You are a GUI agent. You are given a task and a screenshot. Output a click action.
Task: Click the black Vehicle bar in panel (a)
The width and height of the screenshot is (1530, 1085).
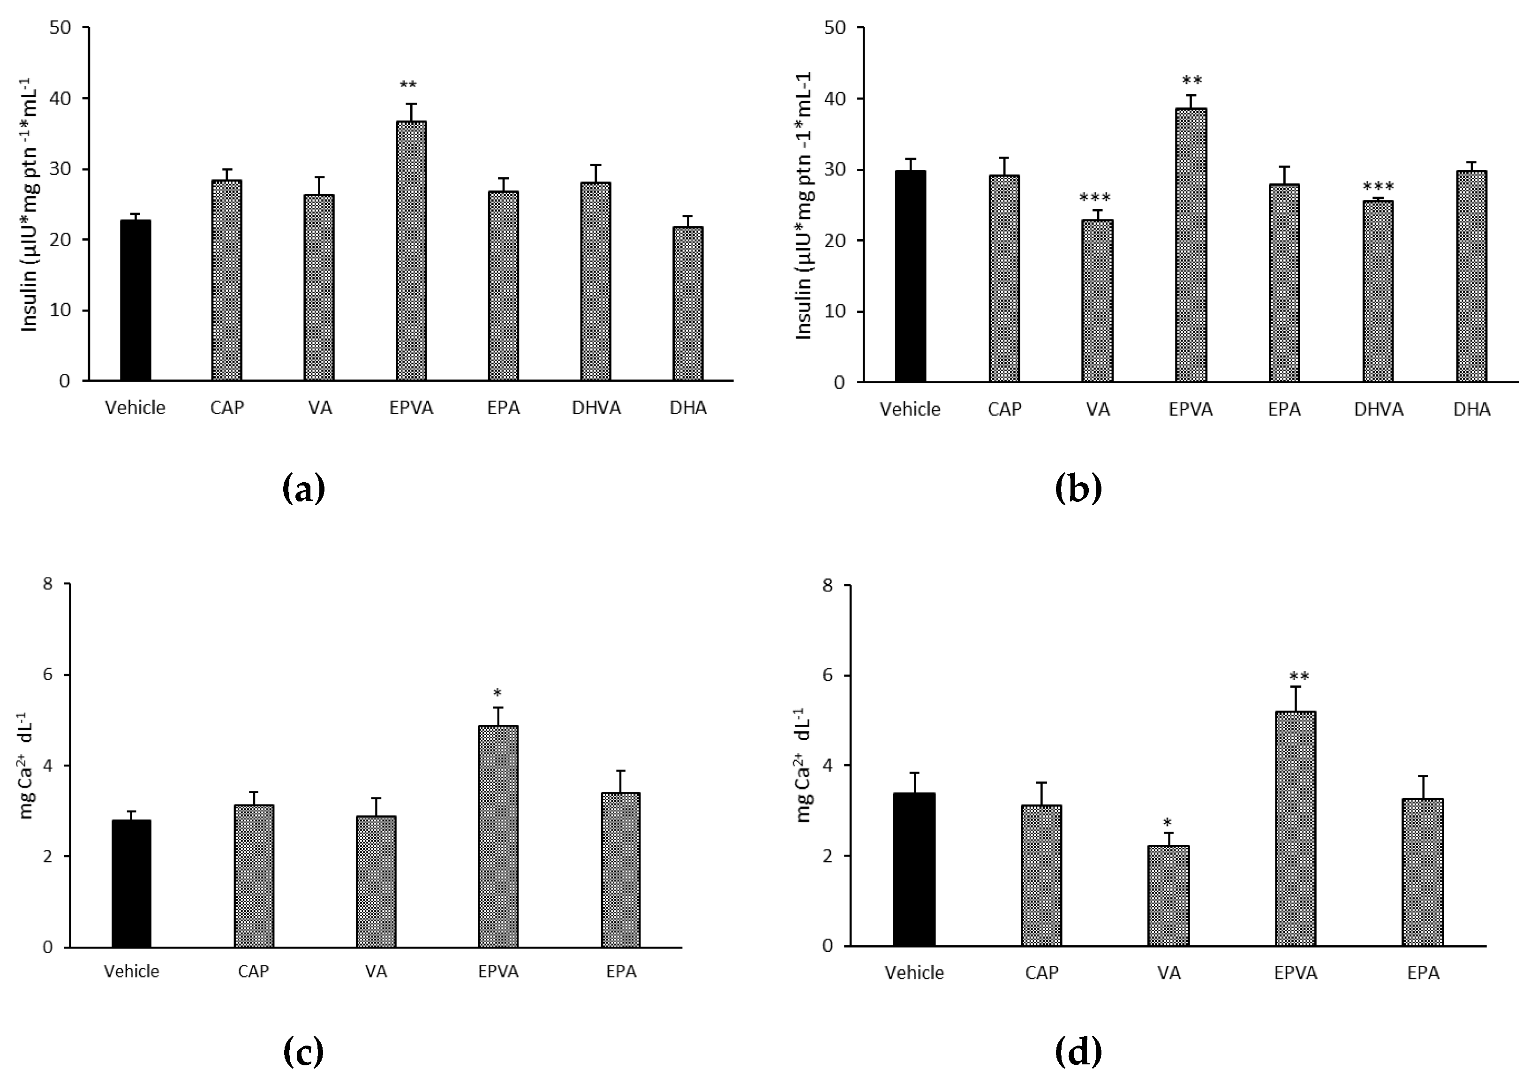point(136,301)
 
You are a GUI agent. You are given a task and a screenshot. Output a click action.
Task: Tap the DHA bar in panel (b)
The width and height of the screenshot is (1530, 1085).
point(1471,277)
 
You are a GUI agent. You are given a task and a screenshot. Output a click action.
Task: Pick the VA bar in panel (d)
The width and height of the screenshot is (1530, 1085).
point(1168,896)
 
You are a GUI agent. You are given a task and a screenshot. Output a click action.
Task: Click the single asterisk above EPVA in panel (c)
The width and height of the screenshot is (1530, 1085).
point(497,693)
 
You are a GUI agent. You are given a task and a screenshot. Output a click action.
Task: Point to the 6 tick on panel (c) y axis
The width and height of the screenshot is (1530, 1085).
point(47,675)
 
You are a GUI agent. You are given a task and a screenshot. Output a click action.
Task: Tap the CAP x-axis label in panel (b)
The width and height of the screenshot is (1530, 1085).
point(1004,409)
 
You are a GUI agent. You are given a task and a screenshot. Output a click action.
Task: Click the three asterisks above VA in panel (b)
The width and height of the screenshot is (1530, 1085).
point(1096,198)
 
